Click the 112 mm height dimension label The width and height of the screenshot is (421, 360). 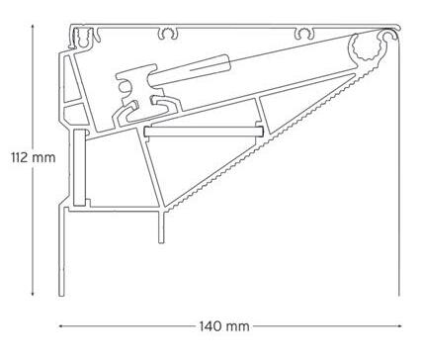tap(34, 157)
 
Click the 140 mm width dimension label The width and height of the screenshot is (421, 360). tap(224, 326)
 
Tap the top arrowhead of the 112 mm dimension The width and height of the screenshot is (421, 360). tap(33, 27)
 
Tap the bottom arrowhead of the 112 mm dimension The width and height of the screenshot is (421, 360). tap(33, 293)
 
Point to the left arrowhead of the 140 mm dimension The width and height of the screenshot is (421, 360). tap(61, 326)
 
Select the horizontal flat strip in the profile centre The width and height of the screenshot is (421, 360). tap(204, 132)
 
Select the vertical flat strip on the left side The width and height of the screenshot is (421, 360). tap(80, 167)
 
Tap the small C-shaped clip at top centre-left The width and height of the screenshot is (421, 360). tap(168, 34)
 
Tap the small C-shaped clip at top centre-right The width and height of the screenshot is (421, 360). tap(305, 34)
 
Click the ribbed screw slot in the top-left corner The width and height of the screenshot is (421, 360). tap(80, 38)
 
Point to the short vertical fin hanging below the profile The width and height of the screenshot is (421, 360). tap(161, 227)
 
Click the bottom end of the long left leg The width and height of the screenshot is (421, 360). tap(61, 296)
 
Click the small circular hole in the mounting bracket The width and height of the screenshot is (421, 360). tap(124, 87)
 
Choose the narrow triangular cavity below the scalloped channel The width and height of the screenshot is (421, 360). tap(306, 99)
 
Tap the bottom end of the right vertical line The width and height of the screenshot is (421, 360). tap(399, 296)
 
